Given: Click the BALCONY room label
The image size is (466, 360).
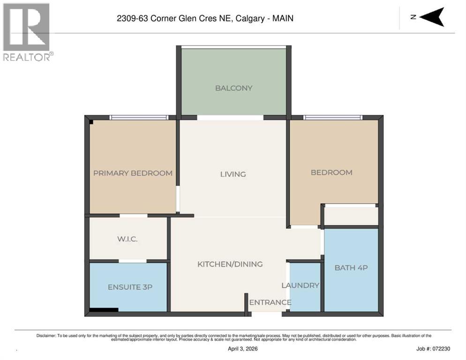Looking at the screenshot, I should (233, 88).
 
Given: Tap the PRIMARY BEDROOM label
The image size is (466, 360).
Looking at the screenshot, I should (133, 173).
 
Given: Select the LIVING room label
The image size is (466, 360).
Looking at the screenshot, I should (233, 174).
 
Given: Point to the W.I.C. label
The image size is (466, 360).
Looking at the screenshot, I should (127, 239).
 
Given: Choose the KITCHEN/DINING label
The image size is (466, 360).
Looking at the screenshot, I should (230, 264).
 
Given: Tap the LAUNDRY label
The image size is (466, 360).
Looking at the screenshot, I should (300, 285).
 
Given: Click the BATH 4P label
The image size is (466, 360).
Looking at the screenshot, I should (351, 268).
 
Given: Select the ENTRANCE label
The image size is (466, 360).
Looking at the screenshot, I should (270, 302).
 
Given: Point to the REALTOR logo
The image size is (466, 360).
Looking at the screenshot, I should (26, 31).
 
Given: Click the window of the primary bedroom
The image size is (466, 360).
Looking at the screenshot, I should (139, 118).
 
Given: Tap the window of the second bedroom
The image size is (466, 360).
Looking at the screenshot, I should (332, 118).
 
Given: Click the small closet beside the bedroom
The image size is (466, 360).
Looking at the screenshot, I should (351, 216).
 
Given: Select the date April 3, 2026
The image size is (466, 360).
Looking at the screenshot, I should (242, 349).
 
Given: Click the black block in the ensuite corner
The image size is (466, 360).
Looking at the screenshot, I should (104, 309).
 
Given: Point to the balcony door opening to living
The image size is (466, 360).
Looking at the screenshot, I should (230, 118).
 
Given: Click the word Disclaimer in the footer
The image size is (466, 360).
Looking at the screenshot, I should (46, 336).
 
